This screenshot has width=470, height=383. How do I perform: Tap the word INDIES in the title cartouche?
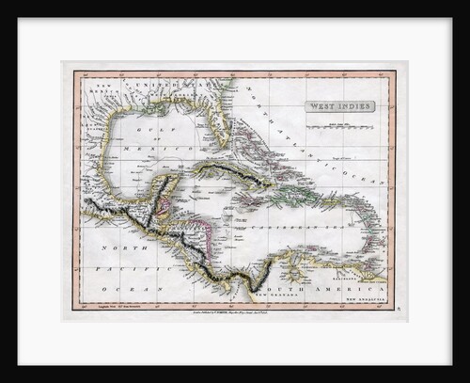[352, 106]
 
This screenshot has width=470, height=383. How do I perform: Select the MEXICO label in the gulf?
[150, 149]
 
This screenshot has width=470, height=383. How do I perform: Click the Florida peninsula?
[218, 127]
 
